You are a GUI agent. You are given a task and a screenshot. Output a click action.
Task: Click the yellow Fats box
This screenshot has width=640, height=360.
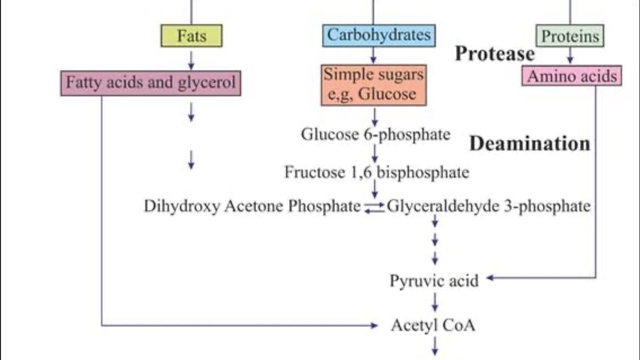point(191,36)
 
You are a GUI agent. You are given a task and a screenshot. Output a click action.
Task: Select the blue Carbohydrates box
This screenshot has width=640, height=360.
point(378,35)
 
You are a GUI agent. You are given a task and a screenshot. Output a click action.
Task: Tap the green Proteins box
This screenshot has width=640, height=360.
point(570,36)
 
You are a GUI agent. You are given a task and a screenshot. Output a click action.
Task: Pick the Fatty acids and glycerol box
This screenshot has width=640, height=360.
point(150,82)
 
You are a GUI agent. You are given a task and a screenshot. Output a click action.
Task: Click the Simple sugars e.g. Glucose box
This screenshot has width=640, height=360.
point(373,84)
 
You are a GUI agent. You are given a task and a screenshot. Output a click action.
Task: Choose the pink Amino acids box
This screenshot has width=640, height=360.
point(571,76)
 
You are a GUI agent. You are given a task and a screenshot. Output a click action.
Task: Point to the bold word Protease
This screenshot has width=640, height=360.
point(494,53)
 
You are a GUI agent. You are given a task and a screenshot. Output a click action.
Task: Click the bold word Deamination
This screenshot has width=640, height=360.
point(529,143)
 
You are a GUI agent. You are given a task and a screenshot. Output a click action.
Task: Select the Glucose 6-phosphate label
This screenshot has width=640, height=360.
point(375,134)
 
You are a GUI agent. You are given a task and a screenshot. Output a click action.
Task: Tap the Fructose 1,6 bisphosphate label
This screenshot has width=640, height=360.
point(376,172)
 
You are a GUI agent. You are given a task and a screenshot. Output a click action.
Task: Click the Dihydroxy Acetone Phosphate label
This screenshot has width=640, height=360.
point(252,206)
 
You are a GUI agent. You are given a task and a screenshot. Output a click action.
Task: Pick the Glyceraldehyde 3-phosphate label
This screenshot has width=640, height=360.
point(488,206)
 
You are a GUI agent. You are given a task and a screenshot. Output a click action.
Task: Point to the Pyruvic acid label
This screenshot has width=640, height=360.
point(434,280)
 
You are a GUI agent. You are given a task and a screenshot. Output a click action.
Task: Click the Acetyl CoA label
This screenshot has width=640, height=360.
point(433,325)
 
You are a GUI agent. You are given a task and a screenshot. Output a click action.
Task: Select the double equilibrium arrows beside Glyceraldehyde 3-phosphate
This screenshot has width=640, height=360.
point(374,207)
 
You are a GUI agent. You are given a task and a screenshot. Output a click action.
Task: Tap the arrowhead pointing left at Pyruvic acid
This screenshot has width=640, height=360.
point(490,277)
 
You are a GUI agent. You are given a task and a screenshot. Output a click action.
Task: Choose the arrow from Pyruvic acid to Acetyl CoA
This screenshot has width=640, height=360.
point(434,302)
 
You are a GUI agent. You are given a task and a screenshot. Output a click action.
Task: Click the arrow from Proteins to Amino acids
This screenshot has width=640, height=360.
point(570,55)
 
